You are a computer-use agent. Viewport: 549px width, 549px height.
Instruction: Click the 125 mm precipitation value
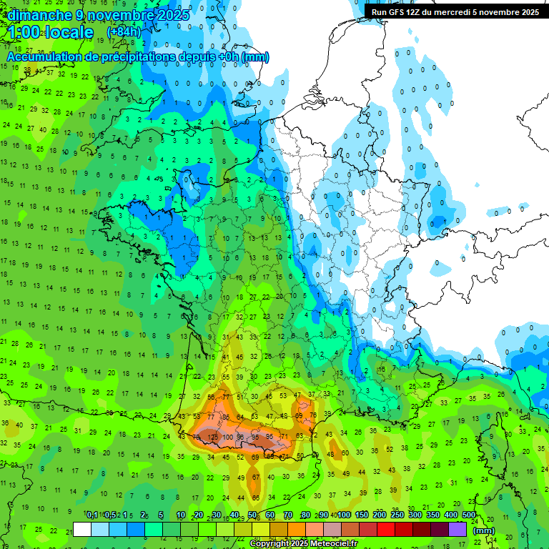point(212,437)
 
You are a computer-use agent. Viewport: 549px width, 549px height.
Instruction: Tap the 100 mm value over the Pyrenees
point(228,437)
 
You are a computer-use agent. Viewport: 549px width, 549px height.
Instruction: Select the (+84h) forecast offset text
point(124,32)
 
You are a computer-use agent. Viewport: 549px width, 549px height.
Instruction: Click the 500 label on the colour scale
point(469,515)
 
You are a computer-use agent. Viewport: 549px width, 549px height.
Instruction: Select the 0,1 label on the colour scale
point(92,515)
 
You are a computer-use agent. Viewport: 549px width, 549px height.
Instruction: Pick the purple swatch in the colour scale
point(457,529)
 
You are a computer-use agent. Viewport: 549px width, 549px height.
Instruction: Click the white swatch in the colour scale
point(82,529)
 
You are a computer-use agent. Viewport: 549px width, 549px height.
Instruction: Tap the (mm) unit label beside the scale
point(485,530)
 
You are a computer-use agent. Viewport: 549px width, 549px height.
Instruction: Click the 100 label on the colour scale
point(344,515)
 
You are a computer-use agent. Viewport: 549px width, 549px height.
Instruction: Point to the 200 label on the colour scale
point(380,515)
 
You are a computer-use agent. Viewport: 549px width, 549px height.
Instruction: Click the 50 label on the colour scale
point(253,515)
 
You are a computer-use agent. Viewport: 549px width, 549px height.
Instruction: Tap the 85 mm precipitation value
point(227,417)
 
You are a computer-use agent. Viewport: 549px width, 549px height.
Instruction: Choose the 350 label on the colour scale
point(433,515)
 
